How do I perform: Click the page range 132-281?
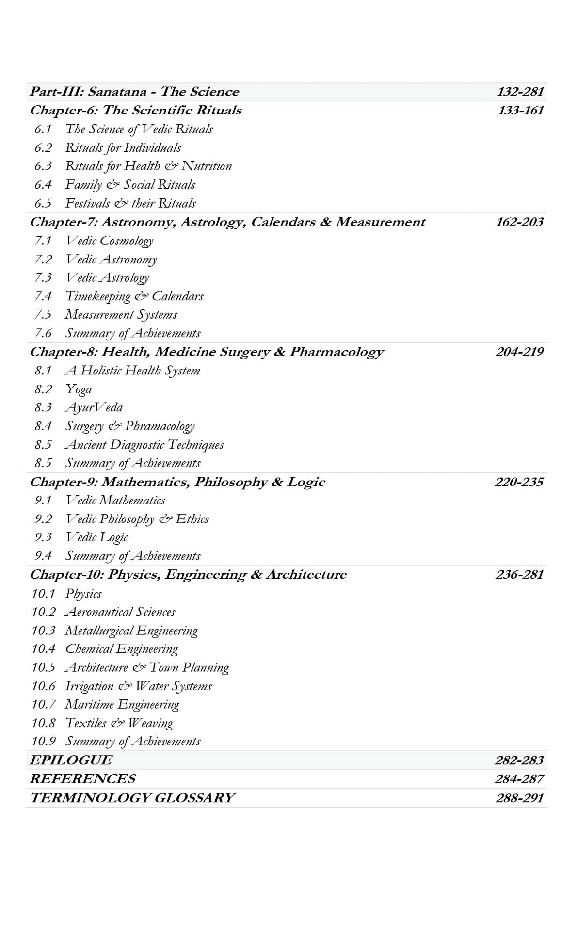(x=520, y=92)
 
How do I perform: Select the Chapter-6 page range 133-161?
(x=520, y=111)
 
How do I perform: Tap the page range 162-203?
(x=519, y=222)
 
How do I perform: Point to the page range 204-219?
(x=519, y=352)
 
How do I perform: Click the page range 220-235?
(x=519, y=482)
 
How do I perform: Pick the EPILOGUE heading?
(x=71, y=760)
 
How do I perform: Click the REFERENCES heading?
(x=82, y=778)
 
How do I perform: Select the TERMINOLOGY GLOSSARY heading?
(x=132, y=797)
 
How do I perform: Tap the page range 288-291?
(x=519, y=797)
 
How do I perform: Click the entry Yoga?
(x=79, y=389)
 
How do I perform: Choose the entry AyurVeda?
(x=94, y=407)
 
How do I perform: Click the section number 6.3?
(x=43, y=166)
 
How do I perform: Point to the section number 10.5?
(x=44, y=668)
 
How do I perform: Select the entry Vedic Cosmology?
(x=109, y=241)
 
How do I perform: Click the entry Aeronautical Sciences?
(x=120, y=612)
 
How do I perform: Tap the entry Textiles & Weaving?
(x=119, y=723)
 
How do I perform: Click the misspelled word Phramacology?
(x=160, y=426)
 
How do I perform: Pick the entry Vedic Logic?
(x=96, y=537)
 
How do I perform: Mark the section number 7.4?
(x=43, y=296)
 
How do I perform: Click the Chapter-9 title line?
(x=177, y=482)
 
